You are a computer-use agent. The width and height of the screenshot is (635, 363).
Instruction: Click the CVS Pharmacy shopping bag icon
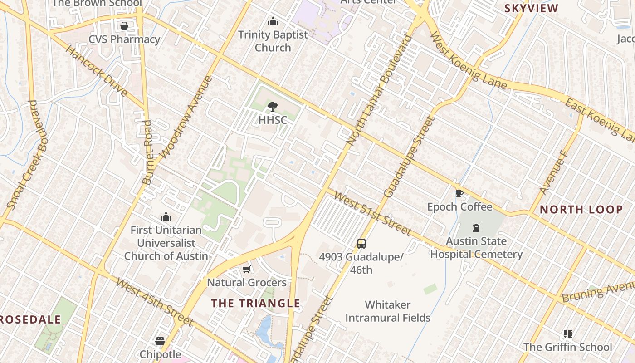[x=124, y=26]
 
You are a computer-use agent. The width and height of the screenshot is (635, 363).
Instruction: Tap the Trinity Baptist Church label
[x=273, y=41]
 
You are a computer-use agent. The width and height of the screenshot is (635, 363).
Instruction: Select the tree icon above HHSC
[x=273, y=107]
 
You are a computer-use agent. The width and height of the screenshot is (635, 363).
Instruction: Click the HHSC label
[x=273, y=120]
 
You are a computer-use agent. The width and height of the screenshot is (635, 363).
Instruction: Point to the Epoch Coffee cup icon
[x=459, y=194]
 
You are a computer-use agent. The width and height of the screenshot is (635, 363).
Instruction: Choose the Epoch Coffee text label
[x=459, y=207]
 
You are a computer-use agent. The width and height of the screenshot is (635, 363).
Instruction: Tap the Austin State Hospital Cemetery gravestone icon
[x=476, y=228]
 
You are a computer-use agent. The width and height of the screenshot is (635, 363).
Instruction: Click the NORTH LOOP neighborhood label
[x=581, y=210]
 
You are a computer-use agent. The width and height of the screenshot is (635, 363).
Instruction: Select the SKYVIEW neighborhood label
[x=531, y=8]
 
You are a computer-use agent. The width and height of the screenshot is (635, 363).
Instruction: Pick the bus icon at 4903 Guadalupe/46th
[x=361, y=244]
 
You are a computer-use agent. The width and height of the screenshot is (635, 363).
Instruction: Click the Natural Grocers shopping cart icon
[x=247, y=270]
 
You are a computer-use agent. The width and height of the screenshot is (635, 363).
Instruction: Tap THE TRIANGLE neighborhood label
[x=256, y=303]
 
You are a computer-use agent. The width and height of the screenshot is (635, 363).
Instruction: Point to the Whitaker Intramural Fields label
[x=388, y=311]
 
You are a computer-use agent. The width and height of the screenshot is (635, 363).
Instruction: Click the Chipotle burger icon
[x=160, y=341]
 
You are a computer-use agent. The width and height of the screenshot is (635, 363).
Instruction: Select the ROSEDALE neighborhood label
[x=30, y=319]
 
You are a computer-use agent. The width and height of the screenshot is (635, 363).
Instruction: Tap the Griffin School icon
[x=567, y=334]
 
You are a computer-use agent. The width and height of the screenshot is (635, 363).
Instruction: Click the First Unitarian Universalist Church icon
[x=166, y=217]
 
